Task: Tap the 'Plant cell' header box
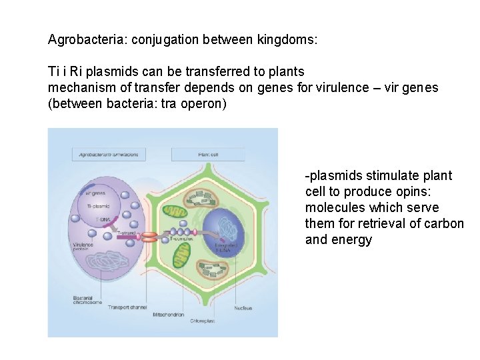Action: [x=207, y=154]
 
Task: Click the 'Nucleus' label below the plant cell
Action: [x=243, y=307]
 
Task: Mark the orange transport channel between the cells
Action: [x=149, y=236]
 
